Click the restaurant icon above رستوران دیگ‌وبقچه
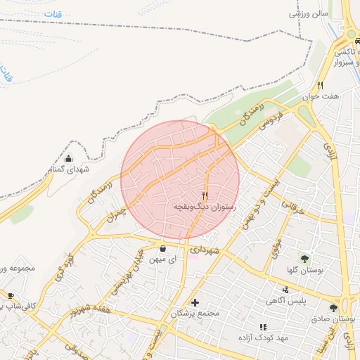click(205, 195)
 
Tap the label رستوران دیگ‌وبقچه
click(205, 208)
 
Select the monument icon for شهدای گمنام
click(68, 158)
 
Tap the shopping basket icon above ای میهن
click(163, 248)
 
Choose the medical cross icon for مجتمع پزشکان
click(195, 302)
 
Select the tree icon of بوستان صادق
click(333, 307)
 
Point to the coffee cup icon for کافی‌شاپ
click(11, 295)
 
